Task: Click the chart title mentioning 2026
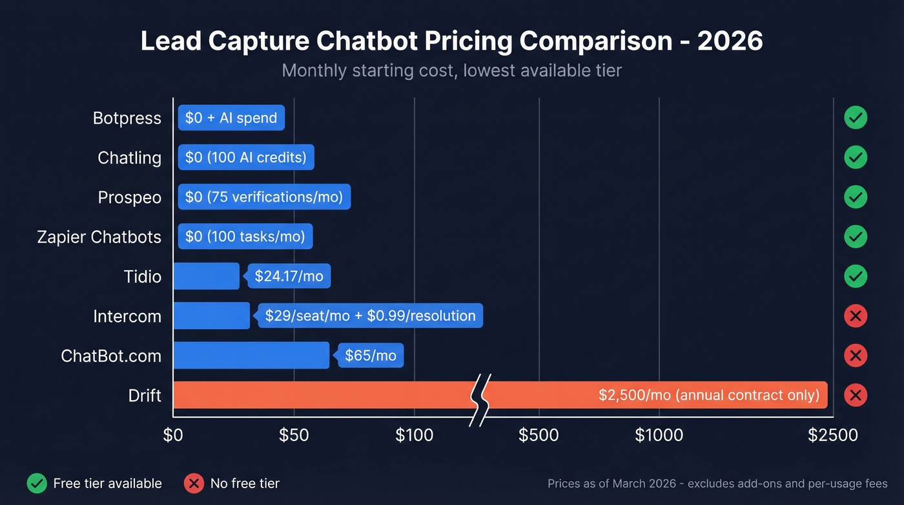(451, 41)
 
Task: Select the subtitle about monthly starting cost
(451, 70)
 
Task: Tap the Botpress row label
(127, 118)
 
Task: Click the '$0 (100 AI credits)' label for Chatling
(246, 157)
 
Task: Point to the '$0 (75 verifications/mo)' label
(264, 197)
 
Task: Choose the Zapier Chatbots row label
(99, 237)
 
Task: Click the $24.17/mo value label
(289, 276)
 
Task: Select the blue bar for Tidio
(206, 276)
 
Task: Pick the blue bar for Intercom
(211, 316)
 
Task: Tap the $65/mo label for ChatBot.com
(371, 355)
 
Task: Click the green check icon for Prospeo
(855, 197)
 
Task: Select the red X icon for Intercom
(855, 316)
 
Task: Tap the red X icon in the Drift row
(855, 394)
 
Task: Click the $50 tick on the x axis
(294, 435)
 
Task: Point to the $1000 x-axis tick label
(659, 435)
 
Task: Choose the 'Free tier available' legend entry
(94, 484)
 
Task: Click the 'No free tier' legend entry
(232, 484)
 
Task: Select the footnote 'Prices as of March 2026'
(717, 484)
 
